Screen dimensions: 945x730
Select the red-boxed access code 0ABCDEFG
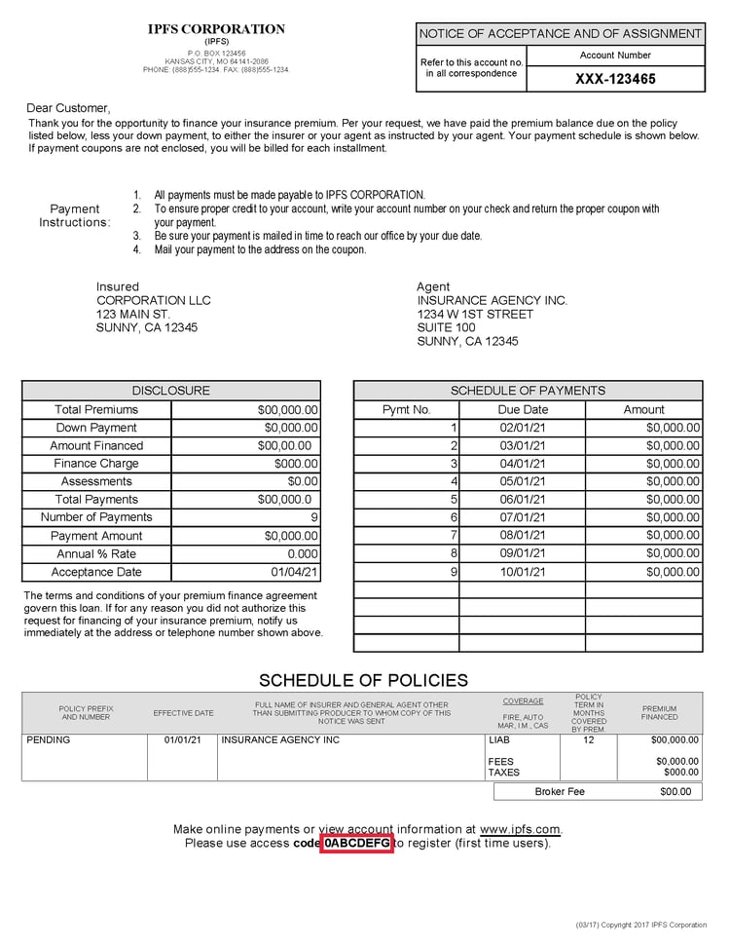357,843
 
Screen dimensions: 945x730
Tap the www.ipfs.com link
520,829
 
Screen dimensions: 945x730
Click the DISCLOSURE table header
170,391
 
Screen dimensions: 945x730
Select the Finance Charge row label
96,464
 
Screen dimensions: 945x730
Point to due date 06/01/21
523,500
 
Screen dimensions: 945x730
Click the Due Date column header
523,410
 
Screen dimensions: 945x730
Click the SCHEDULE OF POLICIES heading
363,681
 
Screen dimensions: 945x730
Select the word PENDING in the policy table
49,740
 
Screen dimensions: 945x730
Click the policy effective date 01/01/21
182,740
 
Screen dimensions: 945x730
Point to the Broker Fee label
560,792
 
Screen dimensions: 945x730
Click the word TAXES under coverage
503,773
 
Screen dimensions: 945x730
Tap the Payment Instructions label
75,215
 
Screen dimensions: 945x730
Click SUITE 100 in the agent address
446,328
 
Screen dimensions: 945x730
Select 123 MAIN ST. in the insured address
133,315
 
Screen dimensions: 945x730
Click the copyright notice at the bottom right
640,925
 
